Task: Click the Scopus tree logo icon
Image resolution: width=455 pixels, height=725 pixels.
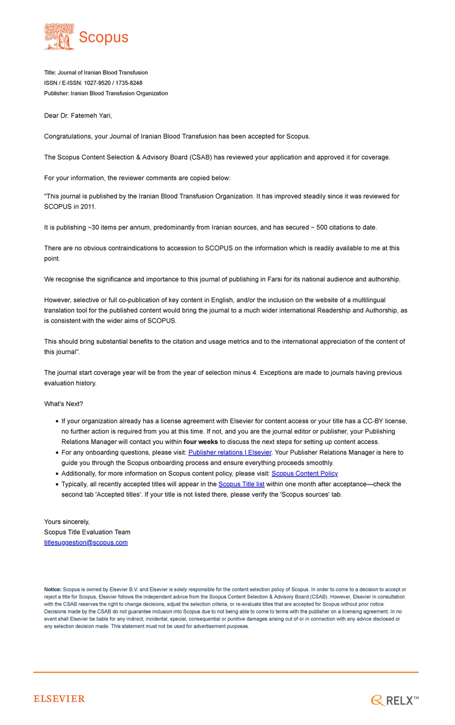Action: pos(59,36)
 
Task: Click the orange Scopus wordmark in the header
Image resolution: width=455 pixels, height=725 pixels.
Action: pos(104,38)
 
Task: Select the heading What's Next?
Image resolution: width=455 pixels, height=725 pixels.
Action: pos(64,404)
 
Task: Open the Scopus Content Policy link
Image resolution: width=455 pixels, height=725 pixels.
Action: pos(305,473)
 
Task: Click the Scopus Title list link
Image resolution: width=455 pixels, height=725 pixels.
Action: pos(241,484)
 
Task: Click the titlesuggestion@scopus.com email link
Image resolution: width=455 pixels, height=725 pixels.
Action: pos(86,542)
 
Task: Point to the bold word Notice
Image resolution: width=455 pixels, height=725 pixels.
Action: pos(53,590)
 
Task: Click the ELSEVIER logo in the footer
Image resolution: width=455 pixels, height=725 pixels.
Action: pos(59,699)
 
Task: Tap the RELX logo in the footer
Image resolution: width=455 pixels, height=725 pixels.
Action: pos(395,701)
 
